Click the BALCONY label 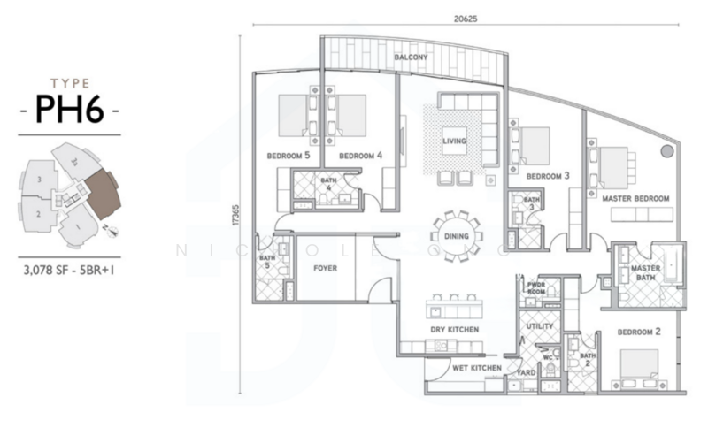[x=411, y=57]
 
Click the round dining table [x=458, y=236]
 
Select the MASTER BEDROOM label [x=635, y=198]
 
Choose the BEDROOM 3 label [x=547, y=176]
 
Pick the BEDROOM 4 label [x=360, y=156]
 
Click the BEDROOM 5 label [x=288, y=156]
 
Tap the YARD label [x=527, y=373]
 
